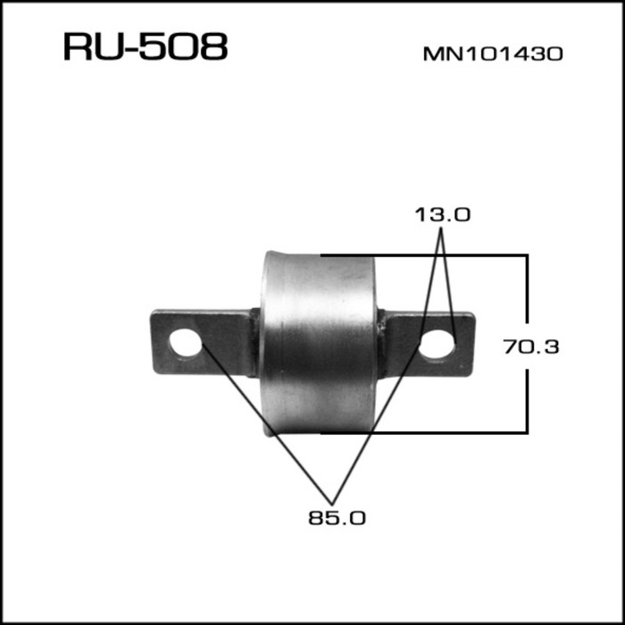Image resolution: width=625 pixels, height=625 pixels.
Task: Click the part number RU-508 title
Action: (146, 47)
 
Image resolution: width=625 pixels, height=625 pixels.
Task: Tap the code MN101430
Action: (492, 54)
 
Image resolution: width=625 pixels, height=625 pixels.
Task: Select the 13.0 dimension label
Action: (442, 214)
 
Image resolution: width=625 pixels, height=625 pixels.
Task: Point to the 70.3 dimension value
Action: (531, 346)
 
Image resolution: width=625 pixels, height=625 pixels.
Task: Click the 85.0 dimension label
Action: (337, 516)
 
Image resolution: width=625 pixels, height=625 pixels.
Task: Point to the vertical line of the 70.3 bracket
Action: (527, 295)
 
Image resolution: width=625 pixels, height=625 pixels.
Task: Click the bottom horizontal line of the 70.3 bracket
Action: (446, 432)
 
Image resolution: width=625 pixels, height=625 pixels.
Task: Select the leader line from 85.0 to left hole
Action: (268, 420)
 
